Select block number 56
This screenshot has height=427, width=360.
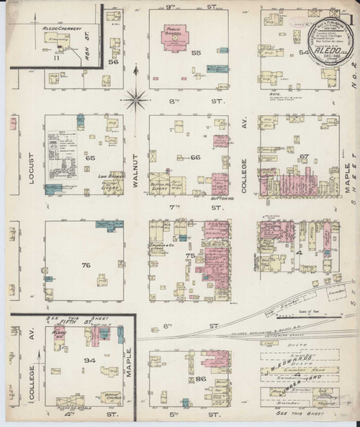pos(112,63)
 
